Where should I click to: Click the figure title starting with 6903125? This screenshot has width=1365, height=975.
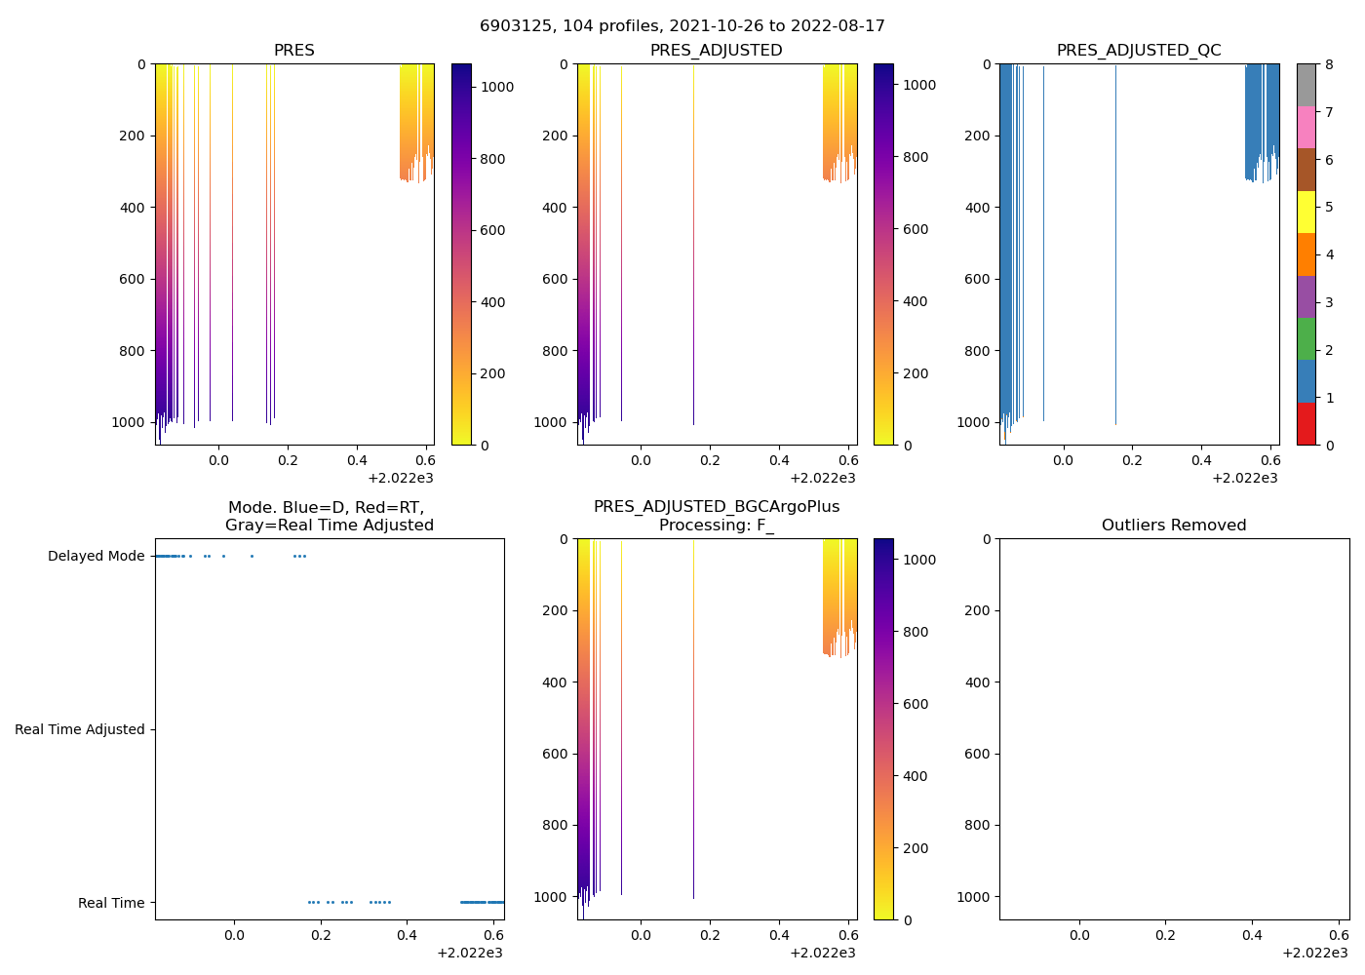coord(682,26)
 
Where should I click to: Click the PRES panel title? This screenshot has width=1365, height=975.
coord(293,51)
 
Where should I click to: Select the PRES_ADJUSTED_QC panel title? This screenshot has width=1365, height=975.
coord(1139,51)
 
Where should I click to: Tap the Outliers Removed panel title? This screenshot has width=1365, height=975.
coord(1174,526)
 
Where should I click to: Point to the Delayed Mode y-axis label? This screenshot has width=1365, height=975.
coord(96,557)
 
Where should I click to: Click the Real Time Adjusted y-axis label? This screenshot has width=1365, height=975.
coord(79,730)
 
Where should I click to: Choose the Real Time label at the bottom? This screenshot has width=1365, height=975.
coord(111,904)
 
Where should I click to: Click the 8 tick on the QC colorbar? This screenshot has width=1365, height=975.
coord(1328,65)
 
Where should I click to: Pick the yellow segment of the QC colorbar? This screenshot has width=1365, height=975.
coord(1306,212)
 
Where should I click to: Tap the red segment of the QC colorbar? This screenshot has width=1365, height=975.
coord(1306,424)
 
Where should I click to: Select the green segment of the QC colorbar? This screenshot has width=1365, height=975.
coord(1306,338)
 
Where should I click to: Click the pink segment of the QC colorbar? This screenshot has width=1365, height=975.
coord(1306,127)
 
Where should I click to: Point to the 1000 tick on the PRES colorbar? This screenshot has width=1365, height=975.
coord(497,87)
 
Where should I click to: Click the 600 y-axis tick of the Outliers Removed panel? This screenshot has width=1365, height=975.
coord(980,754)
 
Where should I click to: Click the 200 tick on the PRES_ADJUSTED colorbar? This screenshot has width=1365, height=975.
coord(915,373)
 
